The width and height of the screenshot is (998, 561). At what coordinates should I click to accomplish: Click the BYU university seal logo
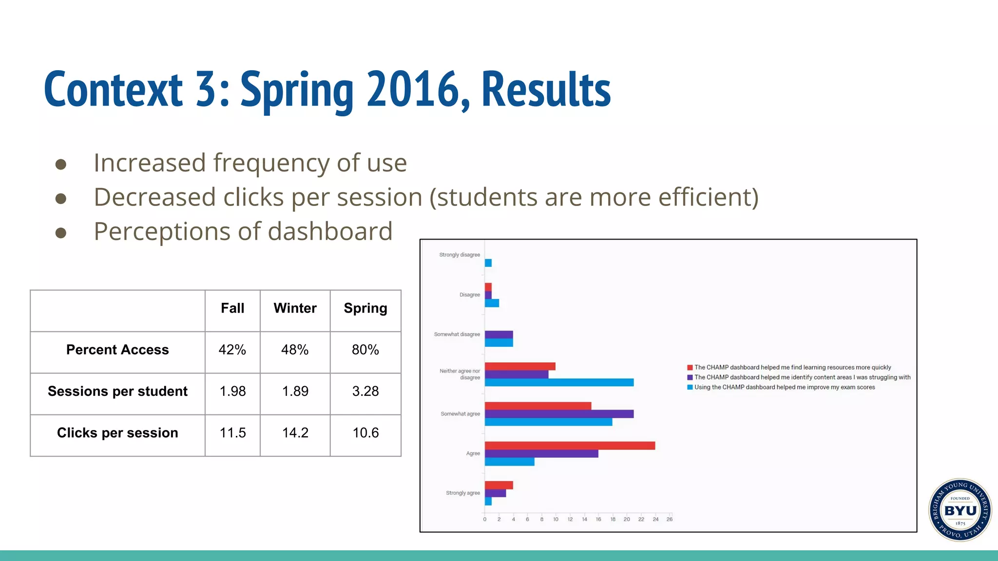pyautogui.click(x=960, y=510)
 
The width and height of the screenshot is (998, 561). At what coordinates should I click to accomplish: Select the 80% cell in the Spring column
pyautogui.click(x=365, y=350)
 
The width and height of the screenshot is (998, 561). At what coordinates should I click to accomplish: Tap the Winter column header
pyautogui.click(x=295, y=308)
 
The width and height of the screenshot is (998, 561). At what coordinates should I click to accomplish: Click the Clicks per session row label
pyautogui.click(x=117, y=433)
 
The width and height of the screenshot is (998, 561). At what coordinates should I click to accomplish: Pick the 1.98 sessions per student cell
pyautogui.click(x=232, y=391)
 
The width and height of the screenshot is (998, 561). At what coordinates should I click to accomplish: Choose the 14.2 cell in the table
pyautogui.click(x=295, y=433)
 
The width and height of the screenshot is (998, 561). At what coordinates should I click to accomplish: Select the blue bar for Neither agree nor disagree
pyautogui.click(x=558, y=383)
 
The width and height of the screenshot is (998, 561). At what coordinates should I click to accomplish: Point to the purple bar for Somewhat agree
pyautogui.click(x=558, y=414)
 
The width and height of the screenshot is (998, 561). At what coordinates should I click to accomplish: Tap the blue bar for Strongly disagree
pyautogui.click(x=488, y=263)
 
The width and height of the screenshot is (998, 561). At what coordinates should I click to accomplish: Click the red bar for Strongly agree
pyautogui.click(x=499, y=485)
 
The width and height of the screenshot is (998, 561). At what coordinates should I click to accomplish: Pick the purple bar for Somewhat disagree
pyautogui.click(x=499, y=335)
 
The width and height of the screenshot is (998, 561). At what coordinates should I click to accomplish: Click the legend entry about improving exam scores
pyautogui.click(x=784, y=387)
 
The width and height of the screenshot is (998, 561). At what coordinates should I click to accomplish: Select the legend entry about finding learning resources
pyautogui.click(x=792, y=367)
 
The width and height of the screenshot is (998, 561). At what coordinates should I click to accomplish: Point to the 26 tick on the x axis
pyautogui.click(x=670, y=520)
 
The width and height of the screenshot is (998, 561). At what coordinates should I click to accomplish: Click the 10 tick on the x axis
pyautogui.click(x=556, y=520)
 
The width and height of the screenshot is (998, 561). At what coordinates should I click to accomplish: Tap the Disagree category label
pyautogui.click(x=469, y=295)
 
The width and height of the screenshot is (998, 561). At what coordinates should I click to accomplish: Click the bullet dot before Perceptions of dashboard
pyautogui.click(x=61, y=233)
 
